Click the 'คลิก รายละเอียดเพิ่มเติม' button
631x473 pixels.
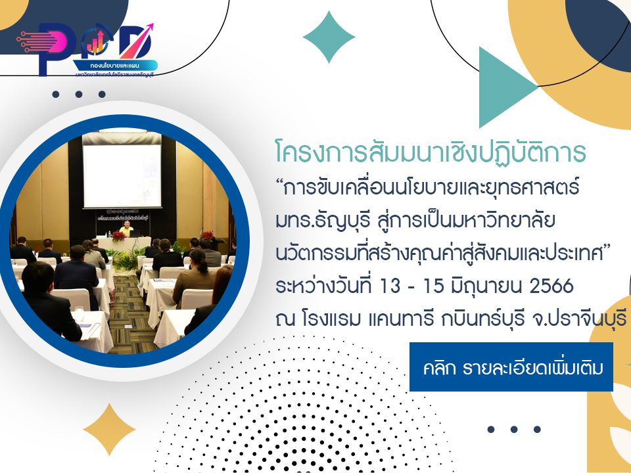click(x=511, y=367)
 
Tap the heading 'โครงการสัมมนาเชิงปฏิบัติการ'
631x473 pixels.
click(x=431, y=153)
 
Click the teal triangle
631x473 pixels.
click(x=506, y=87)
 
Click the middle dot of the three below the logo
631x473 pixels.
click(x=78, y=95)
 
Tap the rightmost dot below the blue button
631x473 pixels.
click(x=537, y=430)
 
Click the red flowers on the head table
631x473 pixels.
click(x=118, y=236)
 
